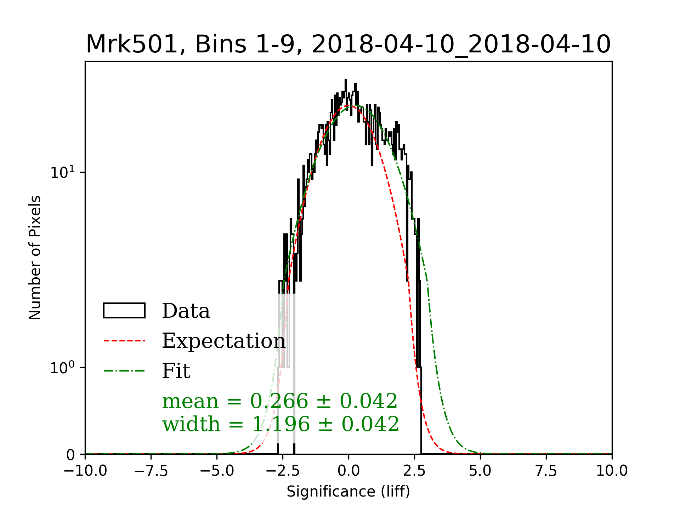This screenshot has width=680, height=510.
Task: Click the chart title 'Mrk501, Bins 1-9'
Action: (x=348, y=44)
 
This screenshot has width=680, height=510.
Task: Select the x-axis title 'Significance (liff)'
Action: (x=348, y=492)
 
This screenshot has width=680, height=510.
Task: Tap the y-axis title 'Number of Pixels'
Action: (x=35, y=257)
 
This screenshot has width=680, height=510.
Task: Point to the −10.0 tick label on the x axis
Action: (x=85, y=471)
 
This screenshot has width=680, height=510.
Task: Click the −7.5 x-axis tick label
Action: (x=151, y=471)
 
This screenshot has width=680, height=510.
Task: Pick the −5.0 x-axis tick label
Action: (x=217, y=471)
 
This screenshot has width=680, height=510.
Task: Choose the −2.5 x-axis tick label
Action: (x=283, y=471)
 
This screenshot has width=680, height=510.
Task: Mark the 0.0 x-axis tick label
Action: (x=348, y=471)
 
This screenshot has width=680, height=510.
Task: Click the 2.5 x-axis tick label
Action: (x=414, y=471)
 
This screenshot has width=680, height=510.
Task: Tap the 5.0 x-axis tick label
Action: (x=480, y=471)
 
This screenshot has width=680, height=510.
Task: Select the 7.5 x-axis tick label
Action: (x=546, y=471)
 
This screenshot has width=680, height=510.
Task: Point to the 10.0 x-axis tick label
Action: (x=612, y=471)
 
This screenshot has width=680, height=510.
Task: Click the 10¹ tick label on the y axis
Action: (x=63, y=172)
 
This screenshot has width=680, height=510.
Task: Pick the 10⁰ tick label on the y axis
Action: (x=63, y=368)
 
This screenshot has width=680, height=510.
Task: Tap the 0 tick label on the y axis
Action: (x=70, y=455)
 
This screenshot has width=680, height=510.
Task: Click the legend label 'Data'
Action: (x=186, y=311)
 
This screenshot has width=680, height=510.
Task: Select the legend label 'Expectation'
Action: (x=223, y=341)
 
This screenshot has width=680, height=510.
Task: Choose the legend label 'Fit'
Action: (x=176, y=371)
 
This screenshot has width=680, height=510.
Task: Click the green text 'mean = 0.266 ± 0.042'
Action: (x=280, y=401)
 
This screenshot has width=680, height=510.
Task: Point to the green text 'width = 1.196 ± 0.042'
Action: (x=281, y=424)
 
